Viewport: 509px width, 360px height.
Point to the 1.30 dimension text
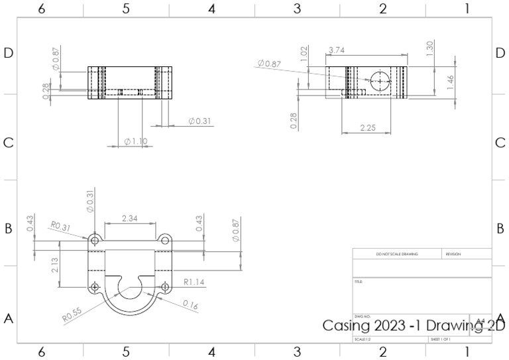coord(429,48)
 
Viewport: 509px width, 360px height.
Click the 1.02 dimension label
coord(304,53)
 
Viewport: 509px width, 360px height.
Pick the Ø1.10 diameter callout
coord(135,141)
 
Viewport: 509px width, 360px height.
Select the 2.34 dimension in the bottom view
coord(130,218)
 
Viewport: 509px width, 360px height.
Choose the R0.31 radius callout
coord(60,227)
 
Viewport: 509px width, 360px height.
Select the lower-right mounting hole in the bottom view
coord(165,287)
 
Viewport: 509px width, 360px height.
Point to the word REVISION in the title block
coord(453,254)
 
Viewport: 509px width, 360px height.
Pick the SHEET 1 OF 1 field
coord(440,339)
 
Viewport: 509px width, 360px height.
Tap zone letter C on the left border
coord(9,143)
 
